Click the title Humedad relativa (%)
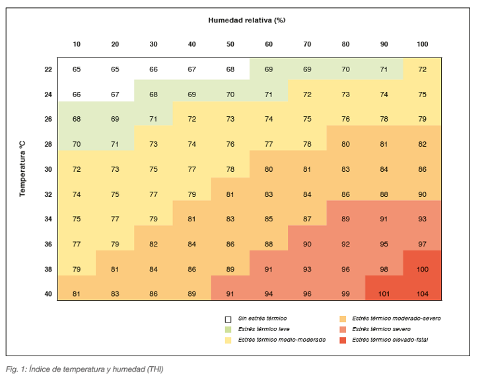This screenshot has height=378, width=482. [247, 20]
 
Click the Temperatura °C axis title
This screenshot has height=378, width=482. [22, 169]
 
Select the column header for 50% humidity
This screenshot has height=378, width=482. [230, 44]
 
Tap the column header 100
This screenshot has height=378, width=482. [423, 44]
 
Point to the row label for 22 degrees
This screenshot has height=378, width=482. [48, 69]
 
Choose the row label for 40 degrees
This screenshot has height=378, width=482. [48, 294]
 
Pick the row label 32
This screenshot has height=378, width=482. [48, 194]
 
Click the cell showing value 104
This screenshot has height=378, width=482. [423, 294]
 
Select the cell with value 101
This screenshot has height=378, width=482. [384, 294]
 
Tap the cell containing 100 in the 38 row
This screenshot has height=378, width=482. [423, 269]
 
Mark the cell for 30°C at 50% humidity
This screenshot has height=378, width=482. [230, 169]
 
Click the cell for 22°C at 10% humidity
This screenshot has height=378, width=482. [77, 69]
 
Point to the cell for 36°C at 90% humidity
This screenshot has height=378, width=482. [384, 245]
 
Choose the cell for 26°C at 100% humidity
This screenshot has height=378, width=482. [423, 119]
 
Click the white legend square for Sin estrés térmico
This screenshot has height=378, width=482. [228, 319]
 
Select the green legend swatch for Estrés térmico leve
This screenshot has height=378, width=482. [228, 330]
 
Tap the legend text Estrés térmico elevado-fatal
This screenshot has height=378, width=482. [390, 340]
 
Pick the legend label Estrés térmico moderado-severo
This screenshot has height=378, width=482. [396, 319]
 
